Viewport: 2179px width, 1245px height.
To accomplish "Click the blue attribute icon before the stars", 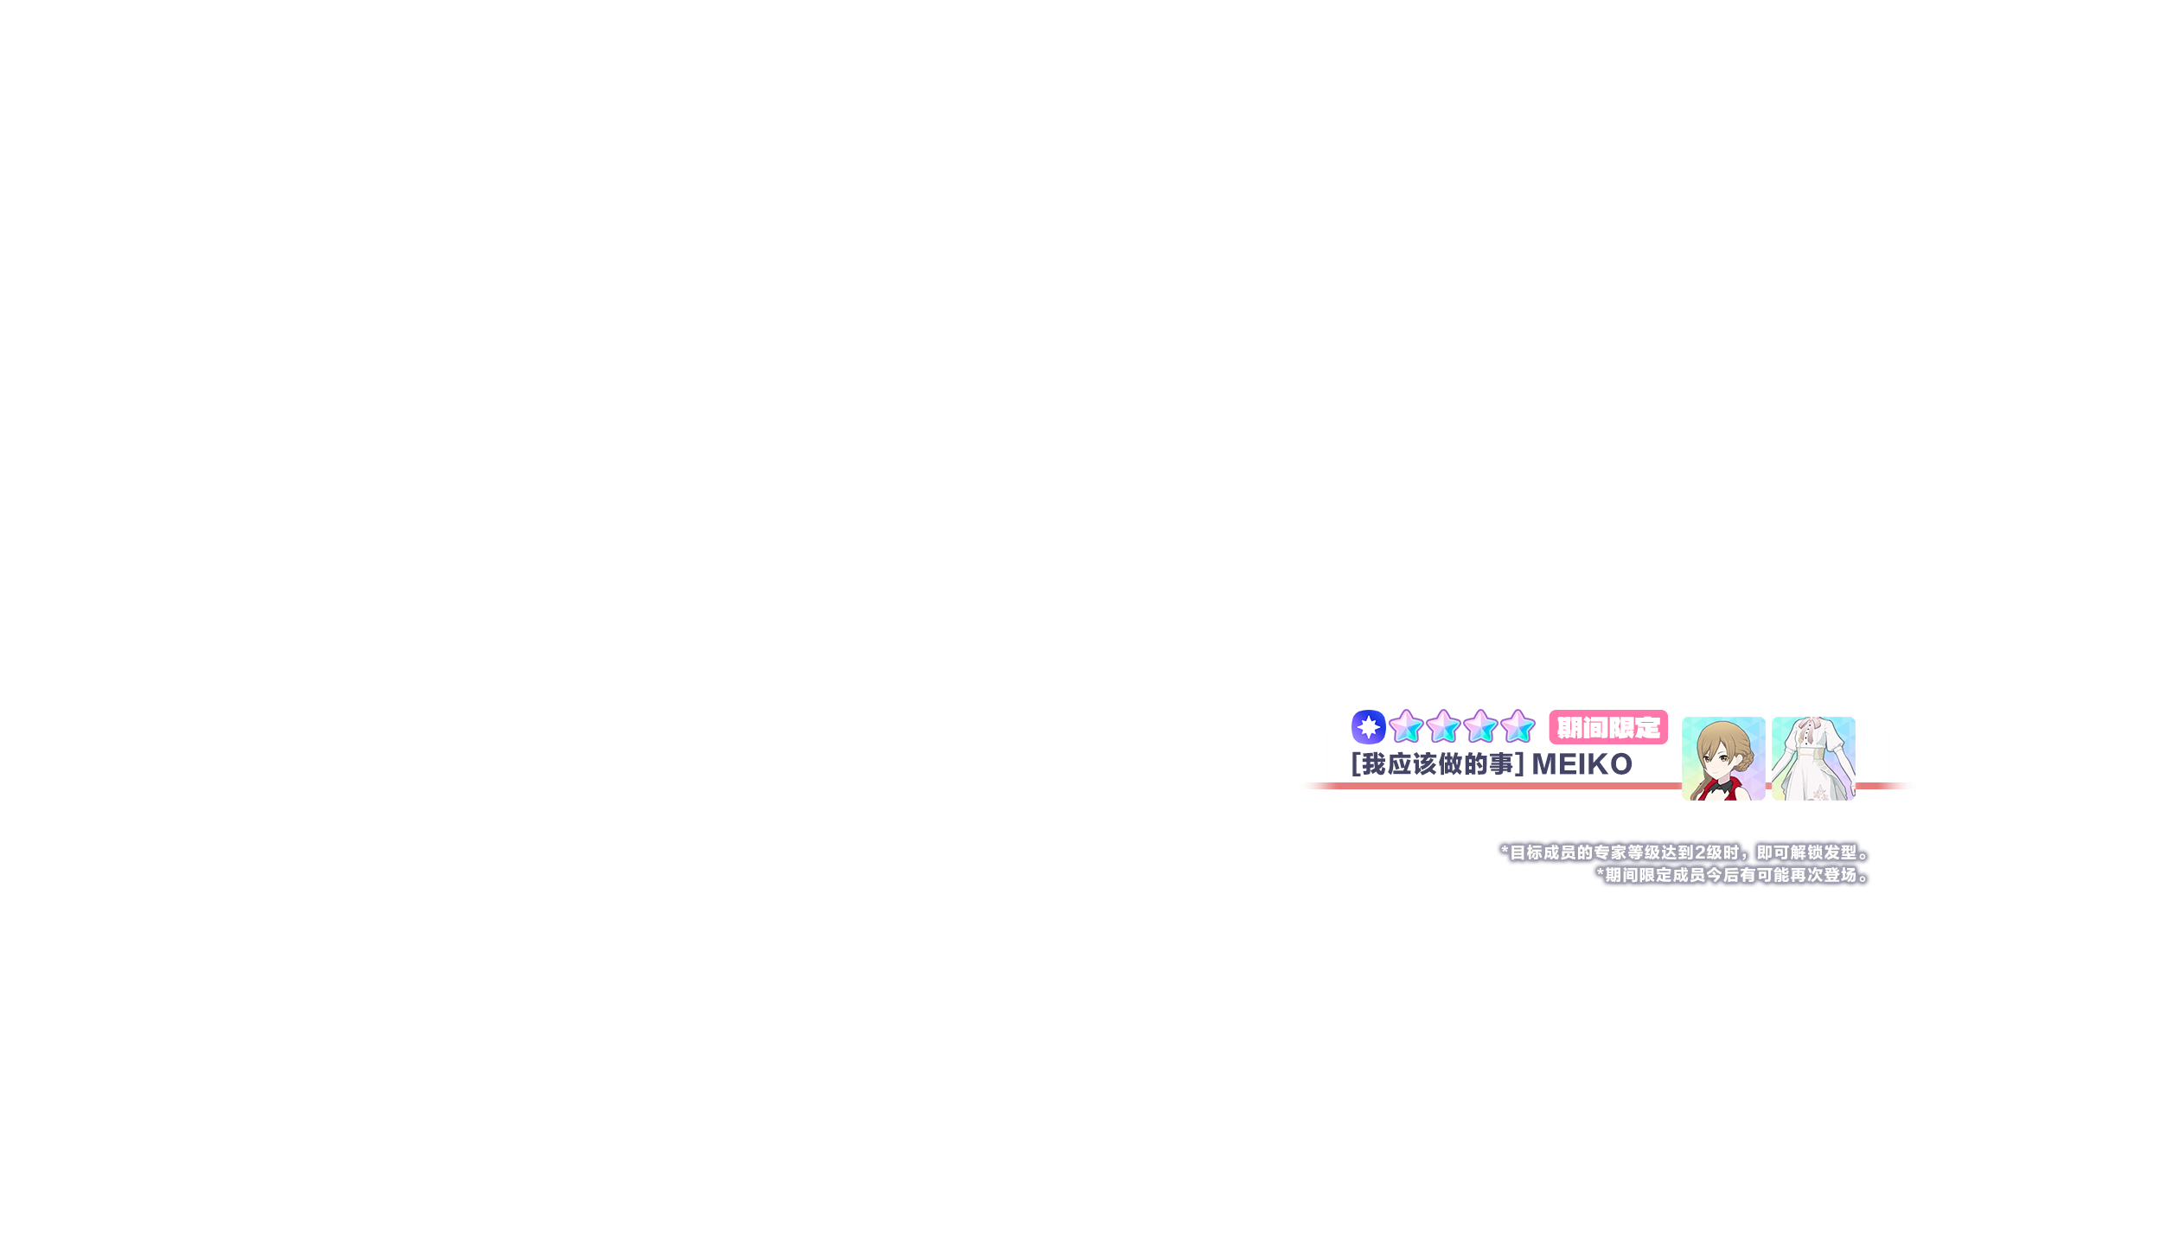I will pos(1368,727).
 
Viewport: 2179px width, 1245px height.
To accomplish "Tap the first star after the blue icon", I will pos(1406,727).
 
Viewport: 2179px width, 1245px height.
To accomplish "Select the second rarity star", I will pos(1443,727).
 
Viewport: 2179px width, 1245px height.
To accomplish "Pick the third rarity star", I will pos(1480,727).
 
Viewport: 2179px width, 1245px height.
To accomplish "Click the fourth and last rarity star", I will pos(1518,727).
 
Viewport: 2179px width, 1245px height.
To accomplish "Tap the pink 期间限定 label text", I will pos(1608,728).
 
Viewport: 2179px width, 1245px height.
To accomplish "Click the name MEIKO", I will pos(1582,764).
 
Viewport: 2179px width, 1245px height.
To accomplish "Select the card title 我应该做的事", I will pos(1437,764).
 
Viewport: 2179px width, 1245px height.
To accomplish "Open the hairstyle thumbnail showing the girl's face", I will pos(1723,758).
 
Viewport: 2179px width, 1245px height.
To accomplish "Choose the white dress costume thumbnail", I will pos(1813,758).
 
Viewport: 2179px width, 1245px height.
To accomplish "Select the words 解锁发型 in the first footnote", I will pos(1823,852).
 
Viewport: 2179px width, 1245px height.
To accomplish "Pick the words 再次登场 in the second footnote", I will pos(1823,875).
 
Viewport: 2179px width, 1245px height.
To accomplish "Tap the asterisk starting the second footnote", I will pos(1600,874).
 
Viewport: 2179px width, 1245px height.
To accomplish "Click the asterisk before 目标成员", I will pos(1505,852).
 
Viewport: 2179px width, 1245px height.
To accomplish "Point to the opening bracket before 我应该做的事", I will pos(1356,764).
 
